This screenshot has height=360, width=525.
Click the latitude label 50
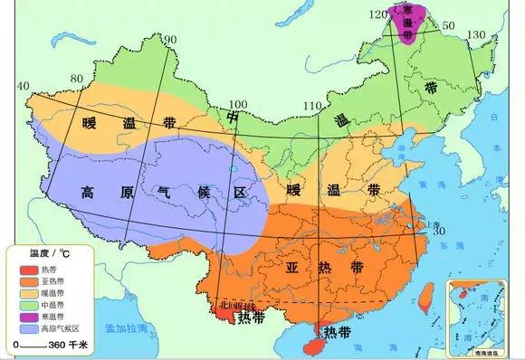pyautogui.click(x=445, y=27)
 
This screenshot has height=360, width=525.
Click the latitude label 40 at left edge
pyautogui.click(x=24, y=85)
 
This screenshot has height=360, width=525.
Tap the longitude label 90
pyautogui.click(x=169, y=41)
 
